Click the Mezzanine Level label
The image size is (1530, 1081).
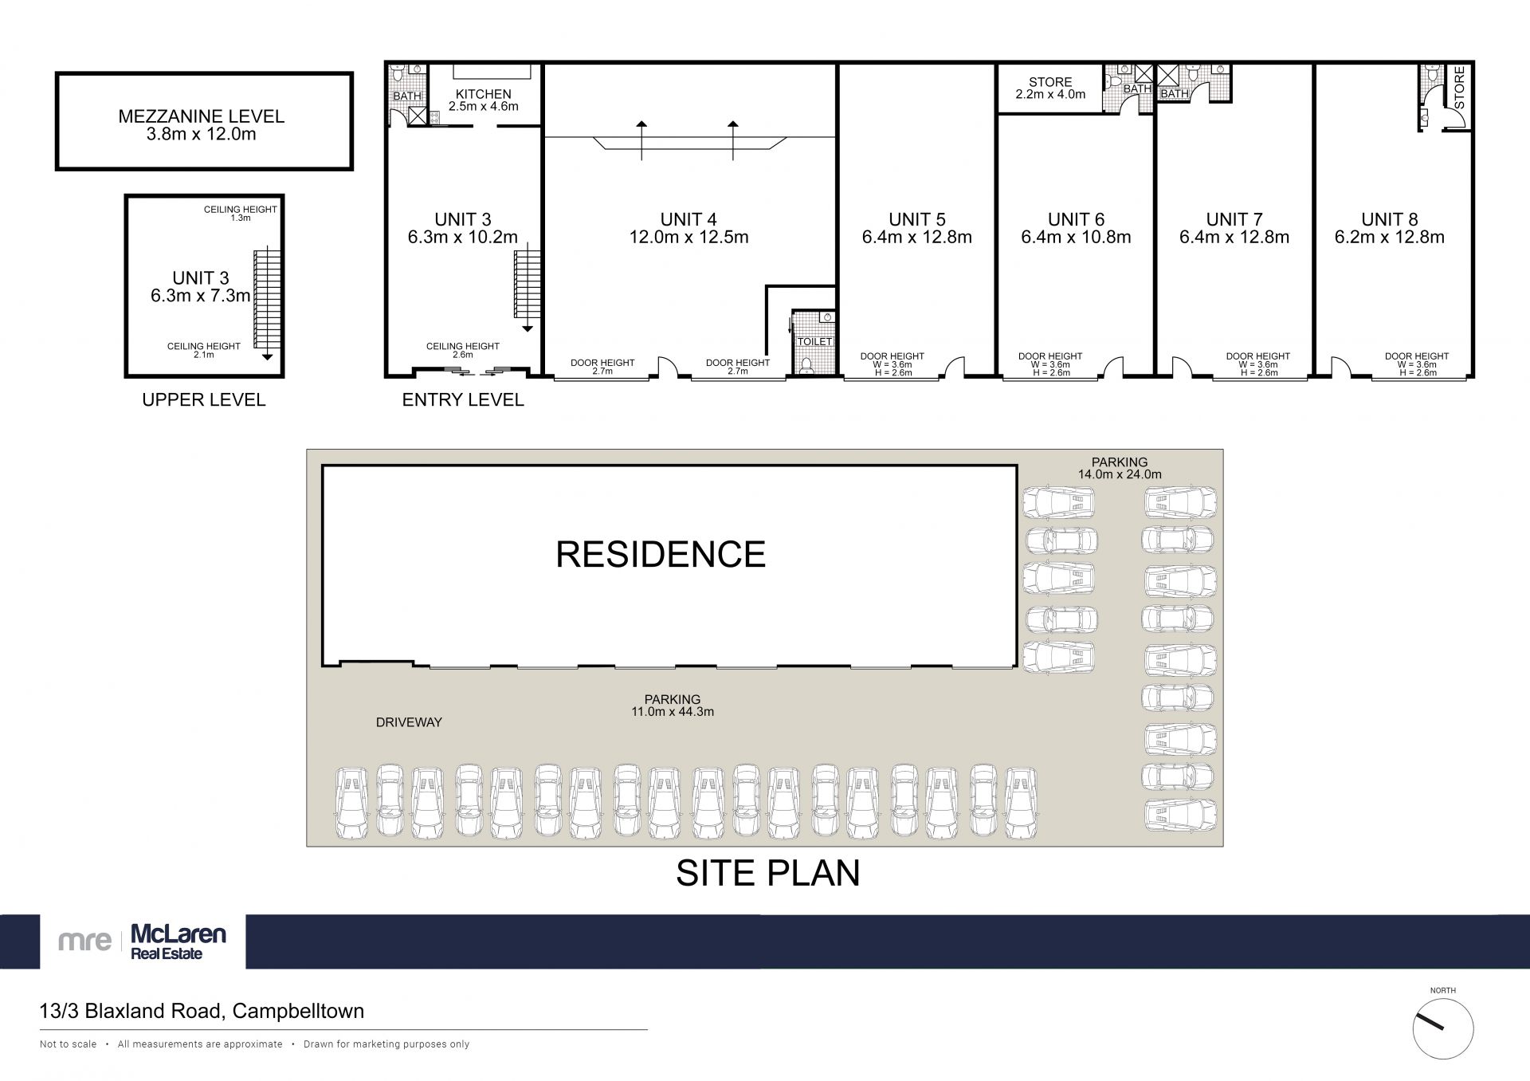click(x=201, y=116)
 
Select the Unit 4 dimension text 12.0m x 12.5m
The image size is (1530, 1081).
click(x=688, y=237)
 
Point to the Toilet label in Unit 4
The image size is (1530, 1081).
click(x=814, y=341)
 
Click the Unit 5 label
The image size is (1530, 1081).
click(x=916, y=219)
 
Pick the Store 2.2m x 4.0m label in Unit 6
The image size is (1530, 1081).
click(x=1050, y=88)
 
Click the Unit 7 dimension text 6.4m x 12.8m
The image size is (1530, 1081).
click(x=1234, y=237)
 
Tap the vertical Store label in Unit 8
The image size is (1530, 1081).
click(x=1459, y=88)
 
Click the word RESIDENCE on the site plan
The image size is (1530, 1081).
click(x=661, y=554)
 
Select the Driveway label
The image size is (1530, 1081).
click(x=409, y=722)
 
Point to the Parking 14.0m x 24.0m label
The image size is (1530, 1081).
click(x=1120, y=468)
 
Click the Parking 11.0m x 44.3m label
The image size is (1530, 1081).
click(x=673, y=706)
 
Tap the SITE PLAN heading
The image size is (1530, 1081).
click(x=768, y=873)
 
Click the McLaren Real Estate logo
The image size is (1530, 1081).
click(x=143, y=941)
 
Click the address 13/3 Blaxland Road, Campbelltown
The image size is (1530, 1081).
click(x=202, y=1011)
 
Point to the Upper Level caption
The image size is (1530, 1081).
click(x=203, y=399)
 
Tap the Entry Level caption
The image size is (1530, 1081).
click(x=463, y=399)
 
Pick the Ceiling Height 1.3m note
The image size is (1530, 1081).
click(x=240, y=214)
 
